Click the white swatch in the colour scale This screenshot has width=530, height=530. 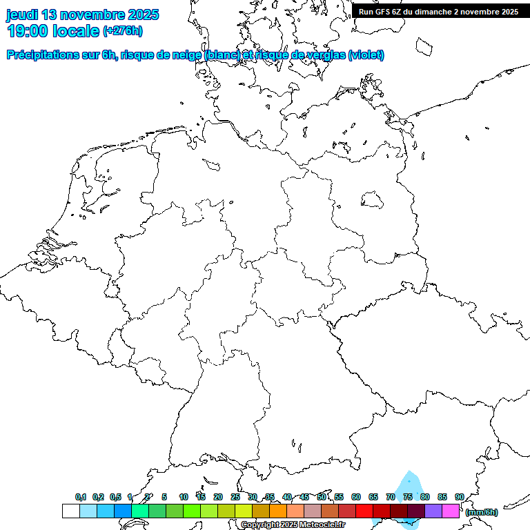tap(71, 511)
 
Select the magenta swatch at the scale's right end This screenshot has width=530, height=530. tap(451, 511)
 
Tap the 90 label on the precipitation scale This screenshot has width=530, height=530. tap(459, 497)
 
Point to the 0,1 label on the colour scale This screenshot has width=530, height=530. tap(81, 497)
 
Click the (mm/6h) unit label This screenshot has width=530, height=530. tap(482, 512)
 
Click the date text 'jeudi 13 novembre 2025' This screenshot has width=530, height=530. tap(82, 14)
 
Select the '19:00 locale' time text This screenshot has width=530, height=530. tap(53, 31)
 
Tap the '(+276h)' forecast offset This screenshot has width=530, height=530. tap(123, 31)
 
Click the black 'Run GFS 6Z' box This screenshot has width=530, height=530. tap(438, 11)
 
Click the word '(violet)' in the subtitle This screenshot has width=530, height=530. tap(366, 55)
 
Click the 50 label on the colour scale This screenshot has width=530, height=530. tap(322, 497)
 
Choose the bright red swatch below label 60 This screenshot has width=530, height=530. tap(364, 511)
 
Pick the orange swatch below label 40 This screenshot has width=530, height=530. tap(278, 511)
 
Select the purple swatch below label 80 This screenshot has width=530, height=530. tap(433, 511)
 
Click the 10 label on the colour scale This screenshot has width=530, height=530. tap(184, 497)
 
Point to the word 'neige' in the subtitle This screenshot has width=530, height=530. tap(185, 55)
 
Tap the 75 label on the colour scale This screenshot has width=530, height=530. tap(408, 497)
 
